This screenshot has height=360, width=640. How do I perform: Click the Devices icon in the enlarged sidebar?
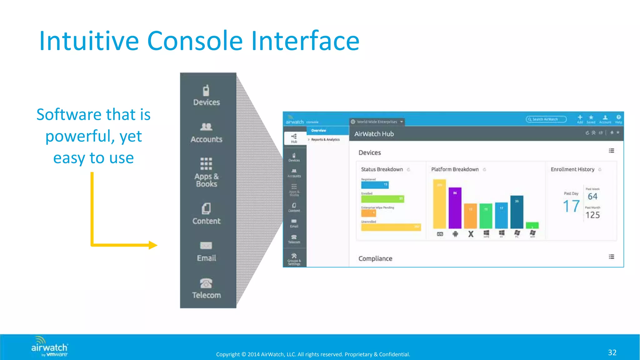click(x=206, y=91)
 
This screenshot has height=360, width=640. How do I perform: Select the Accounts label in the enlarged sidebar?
click(x=206, y=139)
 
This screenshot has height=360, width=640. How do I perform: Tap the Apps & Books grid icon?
click(x=206, y=164)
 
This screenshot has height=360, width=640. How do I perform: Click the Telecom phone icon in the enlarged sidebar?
click(x=206, y=283)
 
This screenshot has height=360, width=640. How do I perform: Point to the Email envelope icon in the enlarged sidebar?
click(x=206, y=246)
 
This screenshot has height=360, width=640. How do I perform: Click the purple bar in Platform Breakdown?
click(x=455, y=208)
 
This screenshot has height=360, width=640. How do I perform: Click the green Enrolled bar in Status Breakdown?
click(x=382, y=199)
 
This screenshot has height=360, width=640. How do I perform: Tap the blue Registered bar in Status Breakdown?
click(x=375, y=185)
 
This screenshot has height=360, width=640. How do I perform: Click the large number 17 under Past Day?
click(x=571, y=206)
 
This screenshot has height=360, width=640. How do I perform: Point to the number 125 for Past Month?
click(x=592, y=215)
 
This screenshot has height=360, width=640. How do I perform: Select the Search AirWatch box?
click(x=546, y=119)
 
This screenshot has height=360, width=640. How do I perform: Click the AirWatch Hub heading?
click(x=374, y=134)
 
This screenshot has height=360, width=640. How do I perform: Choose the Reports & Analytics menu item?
click(x=325, y=140)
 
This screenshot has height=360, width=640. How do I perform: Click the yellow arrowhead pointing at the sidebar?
click(x=153, y=245)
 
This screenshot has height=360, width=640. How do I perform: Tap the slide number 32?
click(x=612, y=352)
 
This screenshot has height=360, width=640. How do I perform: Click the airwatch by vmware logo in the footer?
click(x=49, y=347)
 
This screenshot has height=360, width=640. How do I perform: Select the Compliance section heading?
click(x=375, y=259)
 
